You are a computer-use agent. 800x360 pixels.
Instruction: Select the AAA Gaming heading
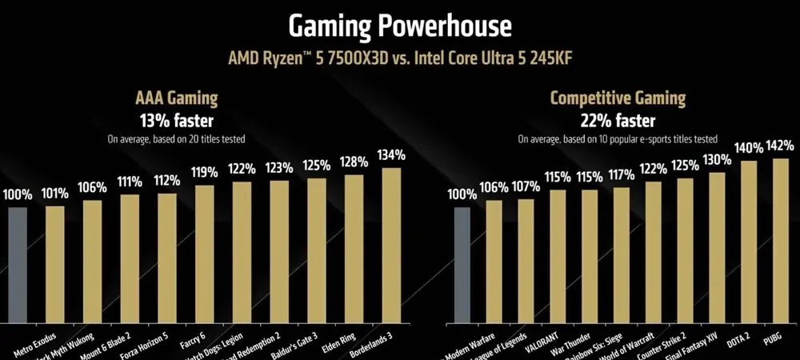coord(175,98)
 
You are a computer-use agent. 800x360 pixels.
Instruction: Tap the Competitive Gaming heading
coord(618,98)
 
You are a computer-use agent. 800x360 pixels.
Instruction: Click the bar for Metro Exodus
coord(55,264)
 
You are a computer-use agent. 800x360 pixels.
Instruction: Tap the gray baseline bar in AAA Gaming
coord(18,264)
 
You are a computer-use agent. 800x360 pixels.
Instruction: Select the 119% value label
coord(205,173)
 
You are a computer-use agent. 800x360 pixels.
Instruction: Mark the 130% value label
coord(718,160)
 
